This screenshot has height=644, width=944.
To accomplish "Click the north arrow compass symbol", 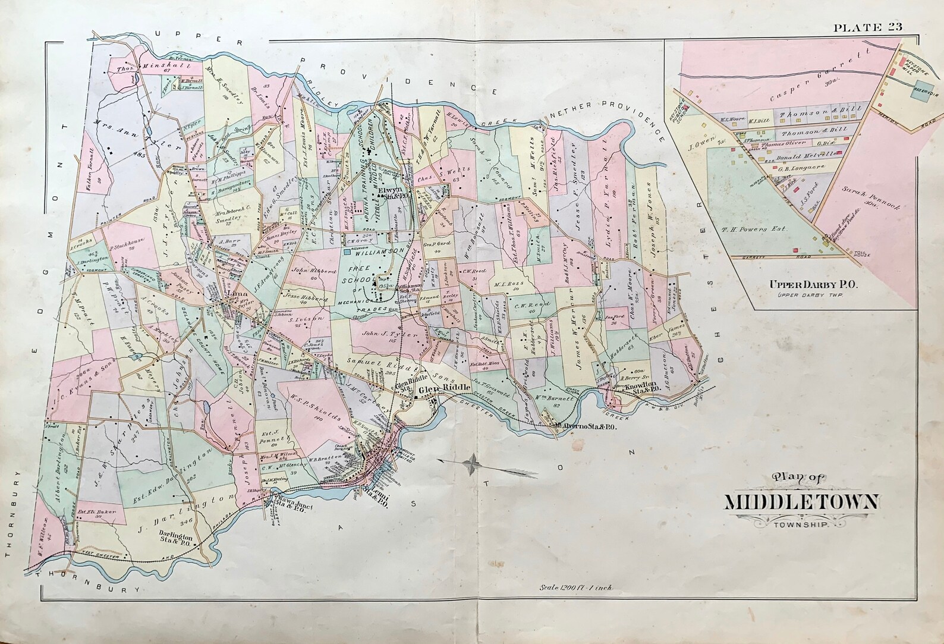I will click(x=473, y=462).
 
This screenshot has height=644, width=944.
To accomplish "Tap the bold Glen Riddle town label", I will click(x=445, y=389).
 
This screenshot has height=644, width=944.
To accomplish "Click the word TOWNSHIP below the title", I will click(x=800, y=524).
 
